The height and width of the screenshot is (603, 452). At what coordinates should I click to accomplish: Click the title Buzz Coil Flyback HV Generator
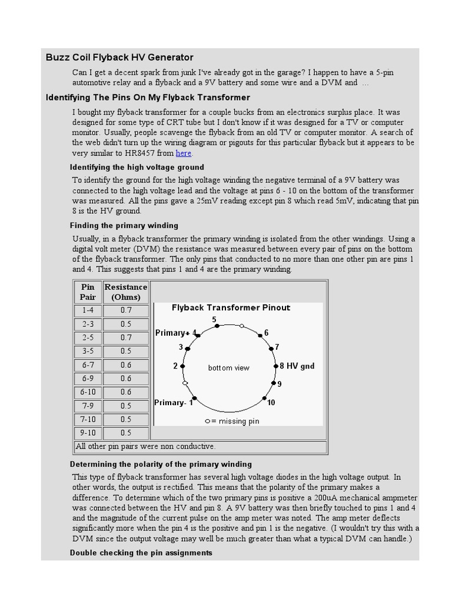[119, 57]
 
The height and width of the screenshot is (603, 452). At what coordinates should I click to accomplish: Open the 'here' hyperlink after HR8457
[184, 153]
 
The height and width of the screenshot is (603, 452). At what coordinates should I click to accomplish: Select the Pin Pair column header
[88, 292]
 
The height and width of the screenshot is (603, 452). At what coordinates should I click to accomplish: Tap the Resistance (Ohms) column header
[126, 292]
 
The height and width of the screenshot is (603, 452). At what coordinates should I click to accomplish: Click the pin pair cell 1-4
[88, 310]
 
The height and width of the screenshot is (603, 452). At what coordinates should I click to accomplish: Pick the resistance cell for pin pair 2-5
[126, 337]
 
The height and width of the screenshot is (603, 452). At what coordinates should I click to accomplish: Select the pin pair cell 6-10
[88, 392]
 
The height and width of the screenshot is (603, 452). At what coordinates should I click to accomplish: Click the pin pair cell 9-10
[88, 433]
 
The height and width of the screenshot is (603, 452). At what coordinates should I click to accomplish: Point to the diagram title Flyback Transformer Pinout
[231, 307]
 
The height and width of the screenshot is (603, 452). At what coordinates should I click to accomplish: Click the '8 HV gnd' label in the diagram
[297, 366]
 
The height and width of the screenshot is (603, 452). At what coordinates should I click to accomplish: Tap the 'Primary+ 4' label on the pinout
[175, 333]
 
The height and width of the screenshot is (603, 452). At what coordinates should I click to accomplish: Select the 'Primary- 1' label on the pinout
[174, 403]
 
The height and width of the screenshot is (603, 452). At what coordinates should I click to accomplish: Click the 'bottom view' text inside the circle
[229, 368]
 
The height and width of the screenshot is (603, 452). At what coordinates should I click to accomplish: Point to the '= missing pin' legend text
[235, 421]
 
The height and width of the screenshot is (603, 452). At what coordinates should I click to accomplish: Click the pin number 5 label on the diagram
[214, 319]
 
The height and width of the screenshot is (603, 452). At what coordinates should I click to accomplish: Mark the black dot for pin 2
[182, 366]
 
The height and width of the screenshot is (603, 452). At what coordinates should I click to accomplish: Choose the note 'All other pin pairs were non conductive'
[146, 446]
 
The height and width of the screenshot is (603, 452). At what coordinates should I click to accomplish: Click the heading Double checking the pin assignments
[141, 553]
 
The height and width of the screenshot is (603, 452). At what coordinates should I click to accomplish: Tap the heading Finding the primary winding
[124, 226]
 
